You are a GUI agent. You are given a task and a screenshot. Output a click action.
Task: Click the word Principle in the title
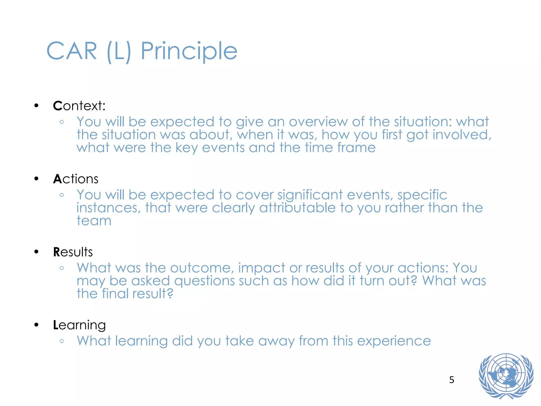[x=189, y=52]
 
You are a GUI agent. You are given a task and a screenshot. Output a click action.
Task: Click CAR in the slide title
[x=72, y=52]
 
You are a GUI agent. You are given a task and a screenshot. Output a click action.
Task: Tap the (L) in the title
[x=119, y=52]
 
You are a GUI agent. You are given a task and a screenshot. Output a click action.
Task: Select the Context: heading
[x=79, y=106]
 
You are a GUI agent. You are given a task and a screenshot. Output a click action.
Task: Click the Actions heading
[x=76, y=179]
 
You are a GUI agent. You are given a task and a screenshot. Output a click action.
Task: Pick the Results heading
[x=73, y=252]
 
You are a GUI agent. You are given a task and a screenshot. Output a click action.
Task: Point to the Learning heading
[x=79, y=325]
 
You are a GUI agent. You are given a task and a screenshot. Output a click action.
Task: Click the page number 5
[x=451, y=380]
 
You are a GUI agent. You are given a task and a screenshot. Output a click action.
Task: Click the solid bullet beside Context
[x=36, y=106]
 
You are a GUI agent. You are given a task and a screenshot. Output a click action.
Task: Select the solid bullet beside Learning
[x=36, y=325]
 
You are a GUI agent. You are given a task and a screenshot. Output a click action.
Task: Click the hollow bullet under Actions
[x=62, y=195]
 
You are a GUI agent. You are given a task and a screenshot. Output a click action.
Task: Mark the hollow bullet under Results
[x=62, y=268]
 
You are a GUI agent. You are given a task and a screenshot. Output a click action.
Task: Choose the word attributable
[x=297, y=208]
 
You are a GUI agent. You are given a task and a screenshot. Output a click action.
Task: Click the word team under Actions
[x=94, y=221]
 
